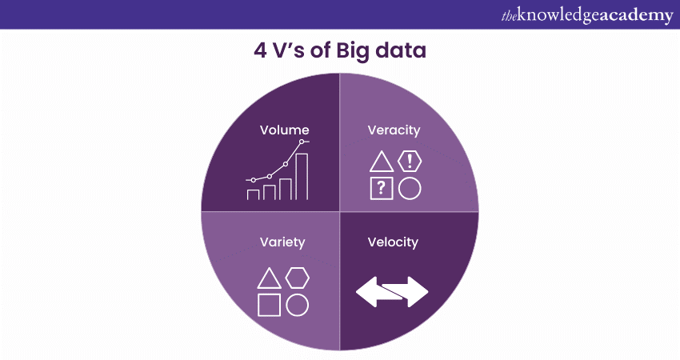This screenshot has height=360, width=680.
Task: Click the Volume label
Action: (284, 130)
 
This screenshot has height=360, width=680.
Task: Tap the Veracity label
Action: (394, 130)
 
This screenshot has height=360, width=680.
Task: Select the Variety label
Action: (282, 242)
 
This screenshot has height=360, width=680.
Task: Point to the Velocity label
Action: (393, 242)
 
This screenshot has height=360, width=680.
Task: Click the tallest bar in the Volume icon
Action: (302, 176)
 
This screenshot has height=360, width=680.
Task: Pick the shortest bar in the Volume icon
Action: (254, 194)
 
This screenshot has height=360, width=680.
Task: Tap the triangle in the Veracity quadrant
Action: (382, 162)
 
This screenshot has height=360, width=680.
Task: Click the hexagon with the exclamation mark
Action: (410, 162)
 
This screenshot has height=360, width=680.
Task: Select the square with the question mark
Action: (382, 189)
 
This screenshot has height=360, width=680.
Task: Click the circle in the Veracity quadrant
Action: (410, 189)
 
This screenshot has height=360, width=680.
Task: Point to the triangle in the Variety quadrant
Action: (270, 278)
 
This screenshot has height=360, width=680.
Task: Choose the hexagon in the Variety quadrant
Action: (298, 278)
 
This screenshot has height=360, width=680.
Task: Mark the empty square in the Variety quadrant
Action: (270, 305)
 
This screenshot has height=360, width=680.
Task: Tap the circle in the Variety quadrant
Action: (298, 305)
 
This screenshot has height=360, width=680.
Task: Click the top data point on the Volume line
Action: (302, 142)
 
